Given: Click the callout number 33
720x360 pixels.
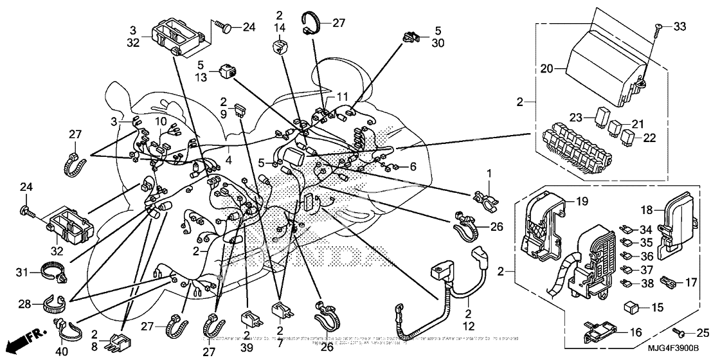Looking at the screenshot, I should pyautogui.click(x=679, y=26).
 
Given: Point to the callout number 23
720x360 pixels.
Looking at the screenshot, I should pyautogui.click(x=575, y=118).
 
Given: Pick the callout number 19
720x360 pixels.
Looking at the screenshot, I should pyautogui.click(x=581, y=201).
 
